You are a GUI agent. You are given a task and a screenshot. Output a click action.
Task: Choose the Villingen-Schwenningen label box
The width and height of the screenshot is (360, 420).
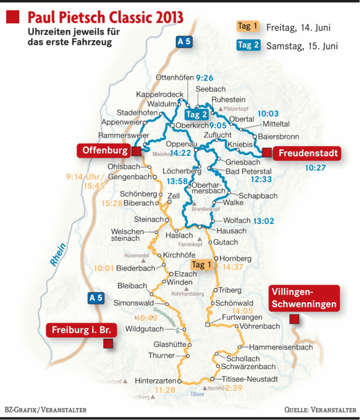[303, 298]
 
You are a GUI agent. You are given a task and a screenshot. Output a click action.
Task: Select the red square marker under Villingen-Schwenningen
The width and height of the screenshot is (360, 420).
[294, 319]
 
